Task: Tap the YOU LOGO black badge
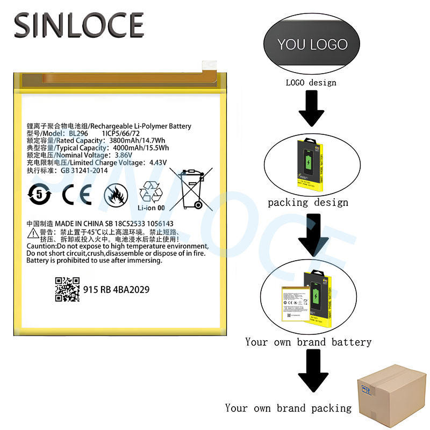[x=312, y=44]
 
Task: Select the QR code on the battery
[x=67, y=289]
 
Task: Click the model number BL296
[x=77, y=134]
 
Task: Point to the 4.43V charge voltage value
[x=159, y=163]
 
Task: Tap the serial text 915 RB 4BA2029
[x=116, y=290]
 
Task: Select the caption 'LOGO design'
[x=311, y=82]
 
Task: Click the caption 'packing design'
[x=308, y=203]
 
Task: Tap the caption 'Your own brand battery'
[x=308, y=342]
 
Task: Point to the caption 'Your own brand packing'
[x=288, y=408]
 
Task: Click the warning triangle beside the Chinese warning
[x=32, y=232]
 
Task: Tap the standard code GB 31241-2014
[x=77, y=170]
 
